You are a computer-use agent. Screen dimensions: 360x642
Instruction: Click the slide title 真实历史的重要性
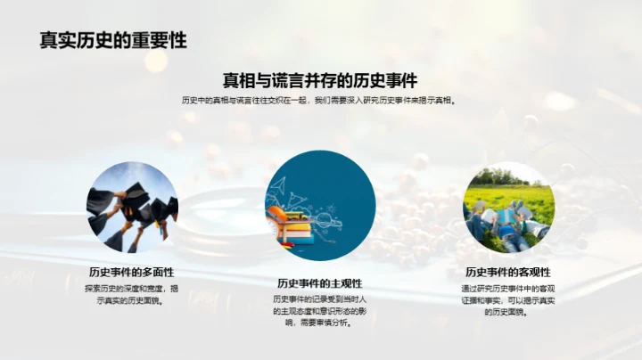[112, 41]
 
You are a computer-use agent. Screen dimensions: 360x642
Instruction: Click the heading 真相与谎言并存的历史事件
[320, 79]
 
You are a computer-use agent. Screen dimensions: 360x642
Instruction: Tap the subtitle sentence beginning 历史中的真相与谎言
[320, 101]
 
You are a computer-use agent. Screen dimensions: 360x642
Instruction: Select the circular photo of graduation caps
[132, 207]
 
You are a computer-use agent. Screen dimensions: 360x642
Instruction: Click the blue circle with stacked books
[320, 207]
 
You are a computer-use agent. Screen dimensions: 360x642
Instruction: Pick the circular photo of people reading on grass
[508, 207]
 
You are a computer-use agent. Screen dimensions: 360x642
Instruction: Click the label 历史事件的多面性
[131, 272]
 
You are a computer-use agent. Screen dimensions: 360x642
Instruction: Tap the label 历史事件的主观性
[320, 282]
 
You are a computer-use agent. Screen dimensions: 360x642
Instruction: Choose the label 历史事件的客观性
[508, 272]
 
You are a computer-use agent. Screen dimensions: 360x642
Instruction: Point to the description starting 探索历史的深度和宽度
[131, 294]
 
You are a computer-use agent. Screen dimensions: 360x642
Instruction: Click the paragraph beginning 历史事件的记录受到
[320, 310]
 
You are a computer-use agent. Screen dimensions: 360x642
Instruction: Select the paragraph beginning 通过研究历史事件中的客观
[508, 300]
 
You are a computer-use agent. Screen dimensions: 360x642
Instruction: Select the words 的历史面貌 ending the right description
[508, 312]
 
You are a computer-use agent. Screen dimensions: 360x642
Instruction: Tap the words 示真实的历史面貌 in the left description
[131, 300]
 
